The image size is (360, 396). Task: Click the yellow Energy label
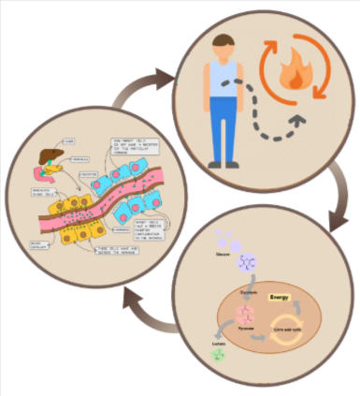(x=281, y=297)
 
